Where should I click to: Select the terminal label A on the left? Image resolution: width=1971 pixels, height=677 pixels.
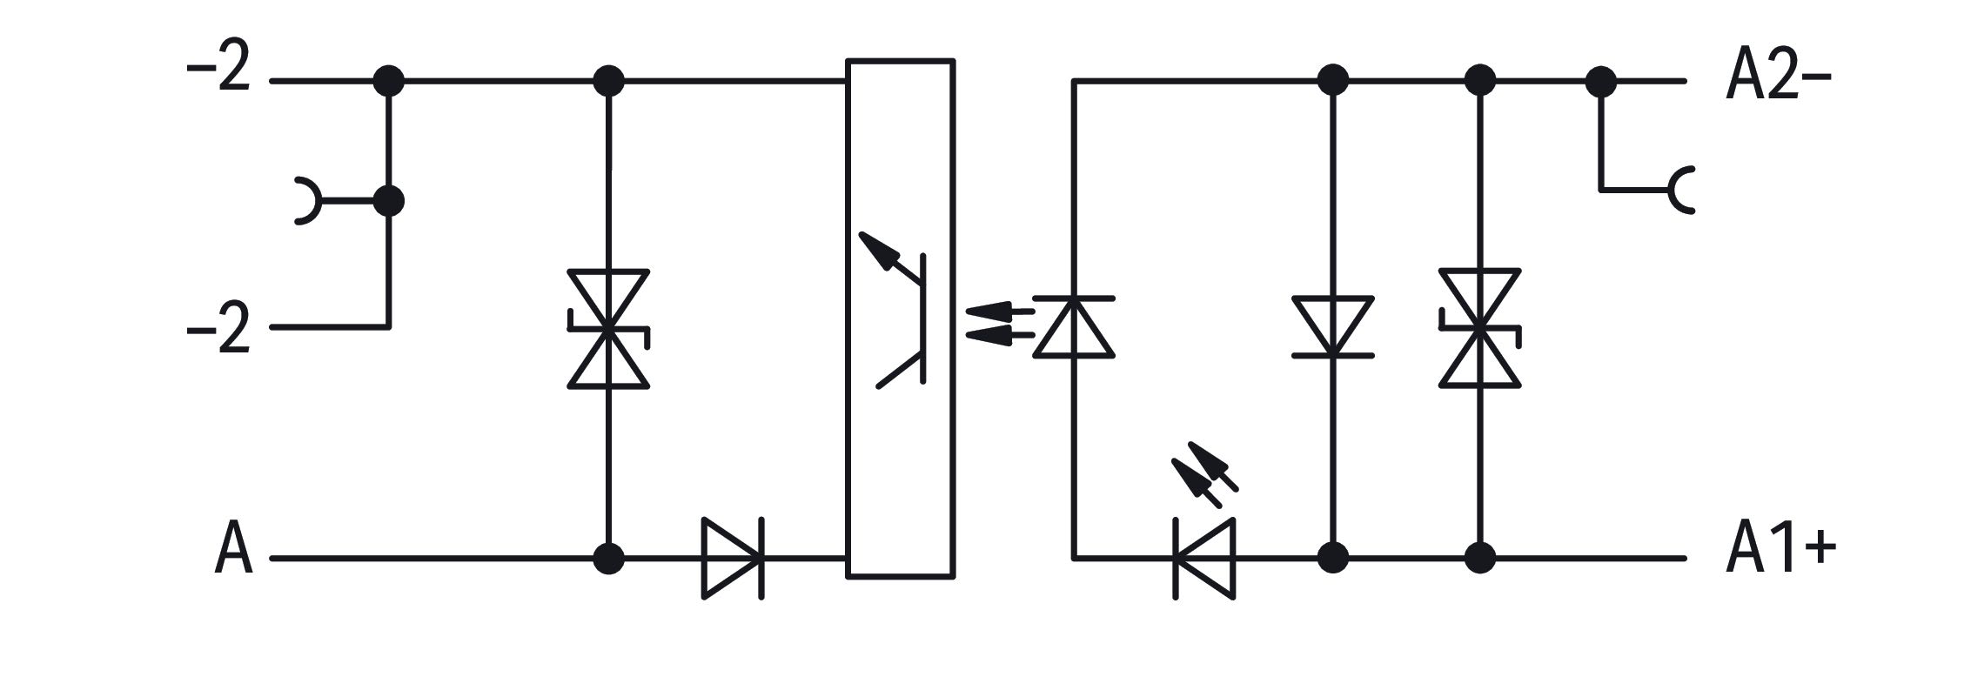click(x=233, y=548)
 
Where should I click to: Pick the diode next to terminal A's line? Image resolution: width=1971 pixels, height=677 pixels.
click(x=733, y=558)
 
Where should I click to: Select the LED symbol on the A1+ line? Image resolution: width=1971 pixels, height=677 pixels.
click(x=1204, y=558)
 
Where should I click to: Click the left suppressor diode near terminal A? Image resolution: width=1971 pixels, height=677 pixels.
click(x=608, y=328)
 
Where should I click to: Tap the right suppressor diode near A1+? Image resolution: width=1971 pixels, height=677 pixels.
click(x=1479, y=328)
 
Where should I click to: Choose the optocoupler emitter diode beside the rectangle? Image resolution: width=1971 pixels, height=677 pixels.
click(x=1074, y=326)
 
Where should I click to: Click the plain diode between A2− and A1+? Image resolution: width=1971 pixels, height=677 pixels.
click(x=1333, y=326)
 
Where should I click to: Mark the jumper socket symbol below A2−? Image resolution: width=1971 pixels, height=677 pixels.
click(x=1679, y=189)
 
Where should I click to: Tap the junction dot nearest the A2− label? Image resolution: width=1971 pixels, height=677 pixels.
click(x=1601, y=81)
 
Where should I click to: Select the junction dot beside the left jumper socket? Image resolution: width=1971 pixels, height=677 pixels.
click(x=389, y=201)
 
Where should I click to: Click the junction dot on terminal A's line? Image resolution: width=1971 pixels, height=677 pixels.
click(x=608, y=558)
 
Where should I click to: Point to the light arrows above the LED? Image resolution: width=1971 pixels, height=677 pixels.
click(x=1205, y=475)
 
